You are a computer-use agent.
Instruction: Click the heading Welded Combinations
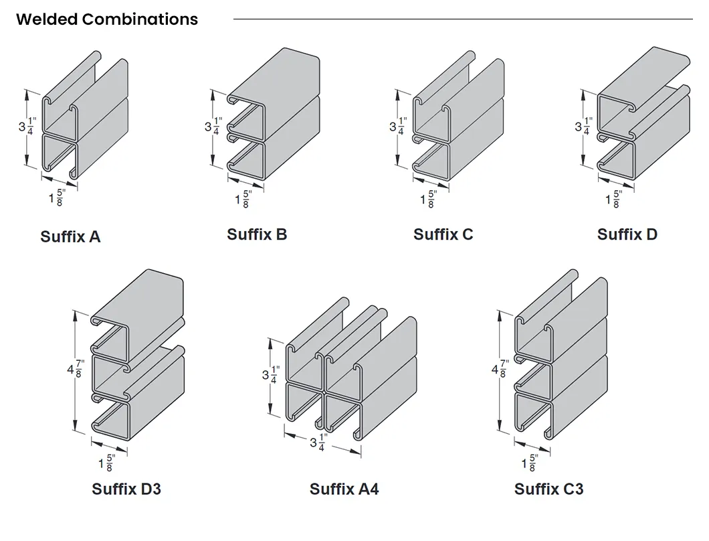107,19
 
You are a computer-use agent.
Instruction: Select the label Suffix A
70,236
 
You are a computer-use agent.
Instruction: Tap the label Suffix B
257,234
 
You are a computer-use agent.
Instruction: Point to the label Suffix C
443,234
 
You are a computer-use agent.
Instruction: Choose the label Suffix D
627,234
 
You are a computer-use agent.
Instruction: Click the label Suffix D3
126,489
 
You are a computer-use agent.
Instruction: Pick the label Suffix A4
344,489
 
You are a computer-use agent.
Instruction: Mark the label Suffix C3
548,489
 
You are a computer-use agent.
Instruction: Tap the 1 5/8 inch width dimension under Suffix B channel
242,199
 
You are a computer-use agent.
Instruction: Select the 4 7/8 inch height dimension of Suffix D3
76,369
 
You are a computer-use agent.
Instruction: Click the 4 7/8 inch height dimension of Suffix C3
500,370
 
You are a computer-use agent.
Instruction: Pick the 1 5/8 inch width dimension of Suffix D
613,199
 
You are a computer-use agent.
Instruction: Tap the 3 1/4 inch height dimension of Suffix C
398,126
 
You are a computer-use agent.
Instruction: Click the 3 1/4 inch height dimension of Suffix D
584,126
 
